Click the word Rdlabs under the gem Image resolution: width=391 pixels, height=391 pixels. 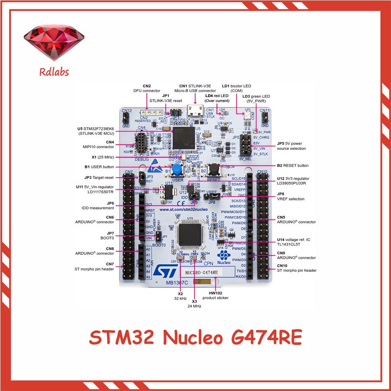tap(54, 71)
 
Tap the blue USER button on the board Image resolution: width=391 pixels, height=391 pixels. tap(176, 170)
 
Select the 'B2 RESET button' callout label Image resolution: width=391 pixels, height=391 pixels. tap(292, 165)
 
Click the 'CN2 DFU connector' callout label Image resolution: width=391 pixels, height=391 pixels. tap(147, 89)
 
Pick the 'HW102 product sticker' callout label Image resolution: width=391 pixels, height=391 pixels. tap(215, 295)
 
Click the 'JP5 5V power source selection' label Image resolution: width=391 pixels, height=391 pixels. tap(291, 146)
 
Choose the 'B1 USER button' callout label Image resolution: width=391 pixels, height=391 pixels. tap(99, 167)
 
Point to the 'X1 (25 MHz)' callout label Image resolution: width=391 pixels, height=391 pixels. tap(102, 157)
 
